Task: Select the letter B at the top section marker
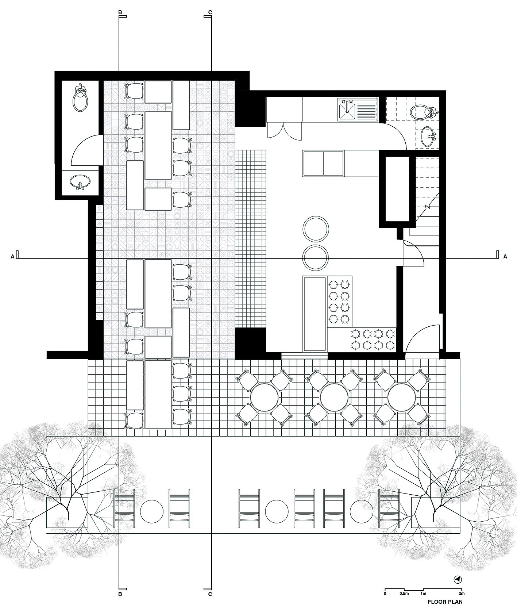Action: pos(120,12)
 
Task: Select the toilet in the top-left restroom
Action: pos(80,99)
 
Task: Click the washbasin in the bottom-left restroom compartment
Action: pos(80,182)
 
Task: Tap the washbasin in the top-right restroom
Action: pos(427,137)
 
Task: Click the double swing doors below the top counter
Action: pos(285,130)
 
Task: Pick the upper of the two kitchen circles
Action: pos(316,229)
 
